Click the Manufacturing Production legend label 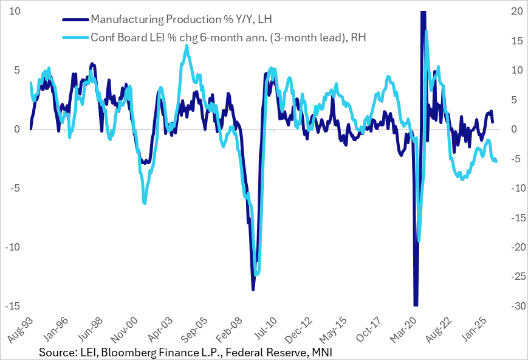(173, 19)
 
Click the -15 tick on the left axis (13, 306)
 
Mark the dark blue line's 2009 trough (253, 289)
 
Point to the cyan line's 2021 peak (426, 32)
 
